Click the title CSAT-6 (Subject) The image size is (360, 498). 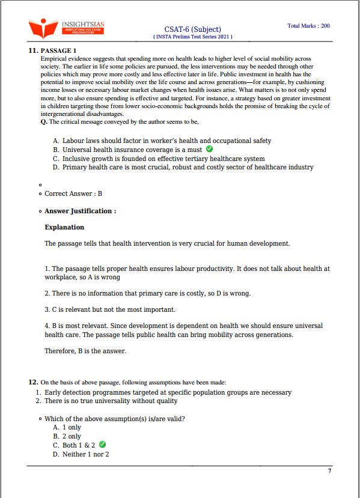(192, 29)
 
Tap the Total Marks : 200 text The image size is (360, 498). (308, 26)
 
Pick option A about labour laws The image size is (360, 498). (166, 141)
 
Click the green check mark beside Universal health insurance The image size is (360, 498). (209, 149)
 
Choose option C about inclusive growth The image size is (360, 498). (163, 159)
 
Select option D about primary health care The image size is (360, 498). (188, 167)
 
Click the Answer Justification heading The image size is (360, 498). (80, 211)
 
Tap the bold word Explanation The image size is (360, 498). (64, 228)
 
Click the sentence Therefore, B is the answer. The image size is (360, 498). (85, 351)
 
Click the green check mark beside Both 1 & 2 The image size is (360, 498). (102, 445)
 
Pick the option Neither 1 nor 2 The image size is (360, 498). (85, 454)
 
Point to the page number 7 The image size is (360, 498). (329, 470)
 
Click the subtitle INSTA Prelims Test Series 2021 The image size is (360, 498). (192, 37)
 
